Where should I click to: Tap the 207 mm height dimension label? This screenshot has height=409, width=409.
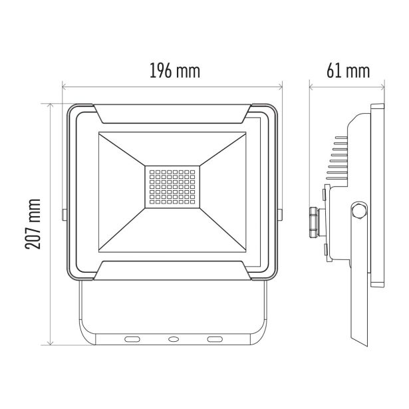pyautogui.click(x=31, y=223)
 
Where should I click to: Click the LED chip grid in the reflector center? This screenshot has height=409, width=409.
pyautogui.click(x=172, y=188)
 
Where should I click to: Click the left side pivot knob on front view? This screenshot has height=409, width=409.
pyautogui.click(x=63, y=214)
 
